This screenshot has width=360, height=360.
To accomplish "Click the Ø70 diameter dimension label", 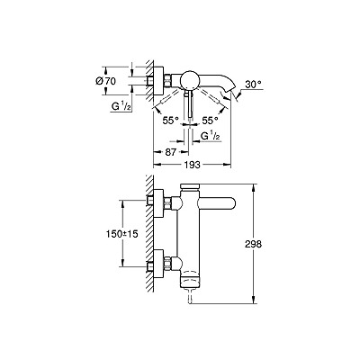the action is point(105,81).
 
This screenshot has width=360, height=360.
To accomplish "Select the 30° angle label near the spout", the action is point(253,85).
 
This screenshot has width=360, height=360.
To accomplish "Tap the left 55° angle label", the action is point(170,121).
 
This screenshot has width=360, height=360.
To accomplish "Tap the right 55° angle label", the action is point(210,121).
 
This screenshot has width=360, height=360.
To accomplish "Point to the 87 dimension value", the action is point(170,152).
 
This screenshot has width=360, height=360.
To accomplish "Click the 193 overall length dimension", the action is point(192,165).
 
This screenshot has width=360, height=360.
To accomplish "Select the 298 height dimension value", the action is point(253,244).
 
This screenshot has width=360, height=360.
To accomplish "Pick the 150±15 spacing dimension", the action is point(121,234).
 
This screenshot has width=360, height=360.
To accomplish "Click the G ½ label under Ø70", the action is point(121,106).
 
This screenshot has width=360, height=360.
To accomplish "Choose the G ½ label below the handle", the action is point(211,136).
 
